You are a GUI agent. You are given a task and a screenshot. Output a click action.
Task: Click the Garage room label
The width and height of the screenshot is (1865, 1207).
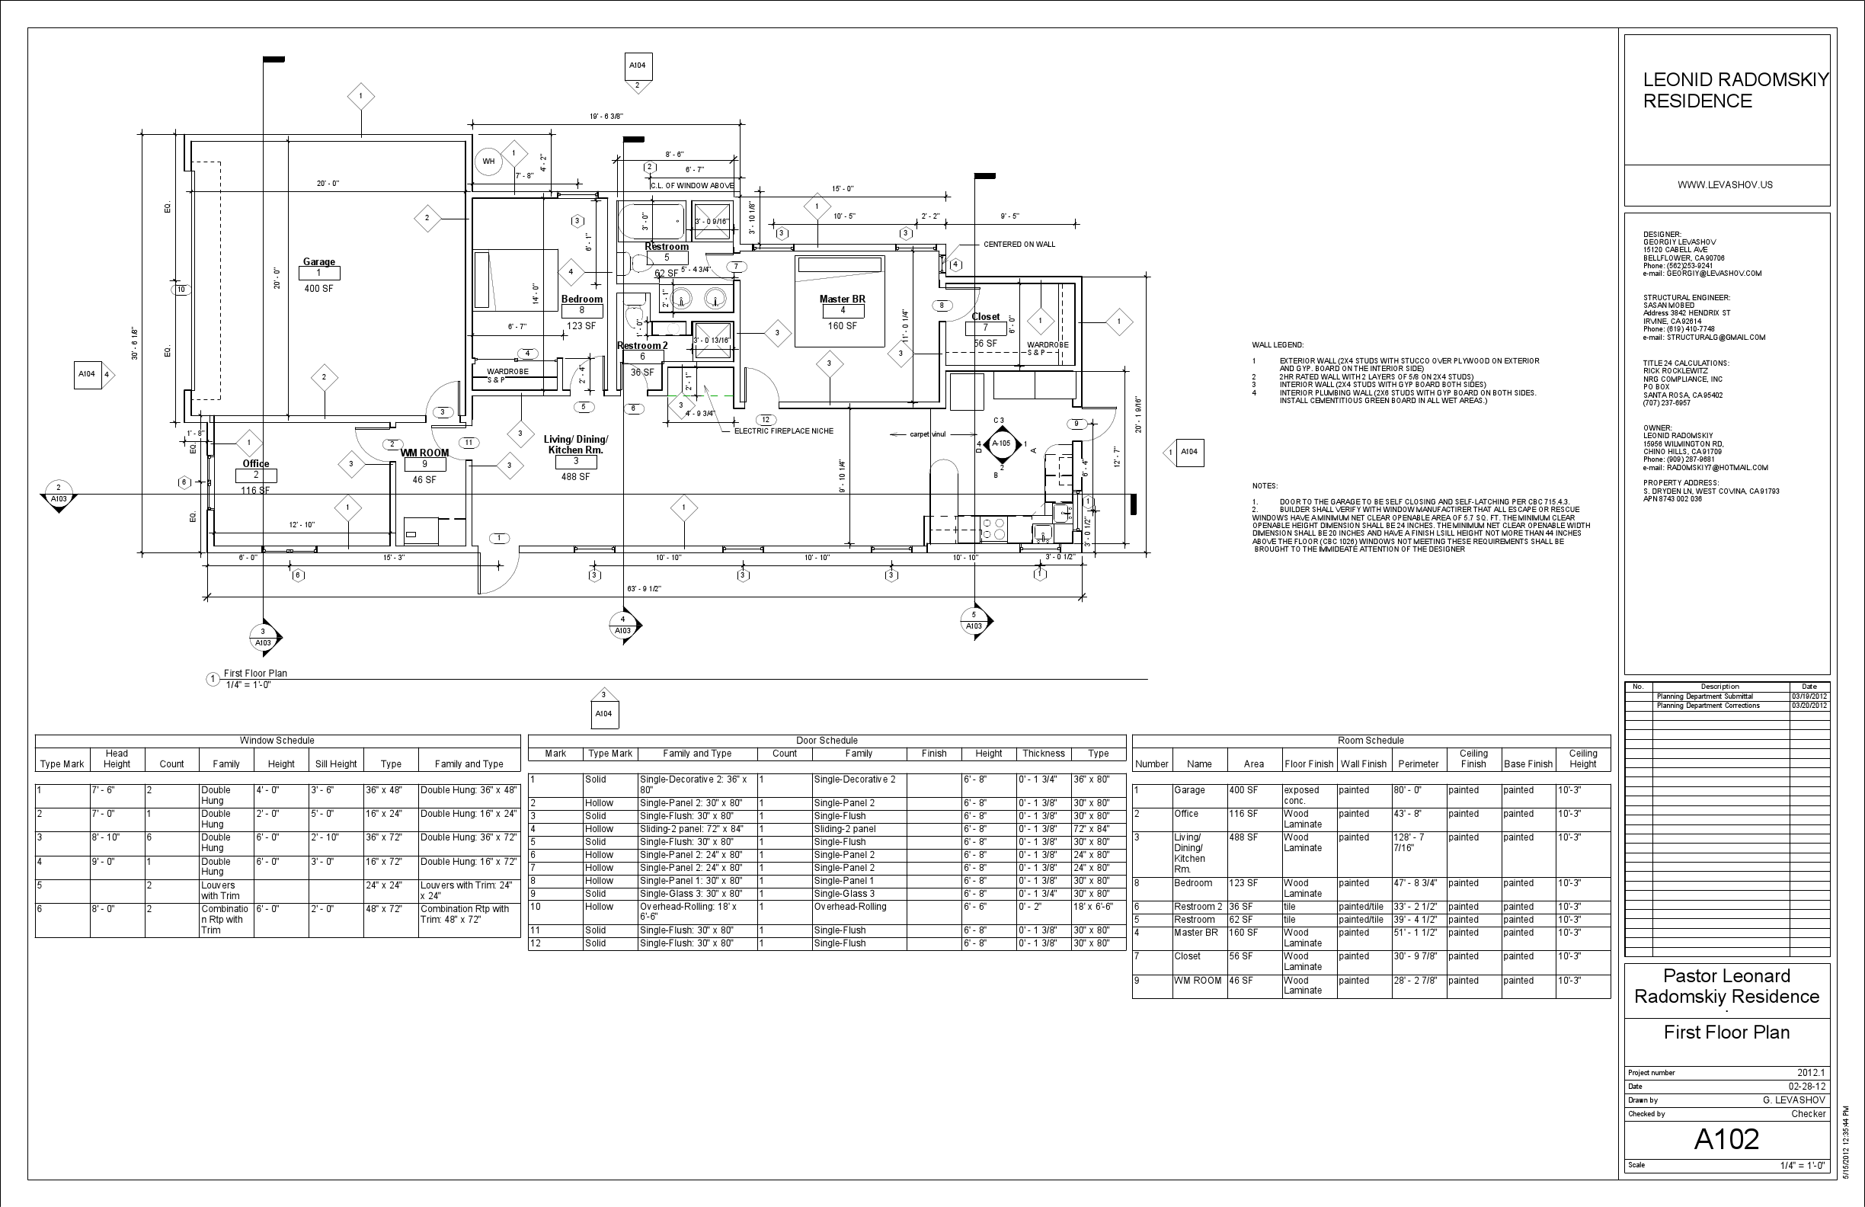(x=319, y=262)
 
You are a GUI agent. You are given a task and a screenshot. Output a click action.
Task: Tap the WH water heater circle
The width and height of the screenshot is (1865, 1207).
(x=488, y=162)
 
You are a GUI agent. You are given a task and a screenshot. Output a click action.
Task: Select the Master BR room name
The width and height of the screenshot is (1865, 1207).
(x=843, y=299)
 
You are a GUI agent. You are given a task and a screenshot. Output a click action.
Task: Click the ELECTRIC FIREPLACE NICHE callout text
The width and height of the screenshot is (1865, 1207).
(x=784, y=431)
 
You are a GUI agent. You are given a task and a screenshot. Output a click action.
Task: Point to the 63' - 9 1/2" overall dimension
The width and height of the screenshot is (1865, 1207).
(x=644, y=588)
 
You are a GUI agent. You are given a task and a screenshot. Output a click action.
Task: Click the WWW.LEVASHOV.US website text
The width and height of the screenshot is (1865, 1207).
(x=1725, y=185)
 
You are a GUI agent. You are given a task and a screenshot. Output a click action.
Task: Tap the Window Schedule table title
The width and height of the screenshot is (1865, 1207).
(x=277, y=741)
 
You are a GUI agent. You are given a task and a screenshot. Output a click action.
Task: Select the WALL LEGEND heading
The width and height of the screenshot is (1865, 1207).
(x=1278, y=345)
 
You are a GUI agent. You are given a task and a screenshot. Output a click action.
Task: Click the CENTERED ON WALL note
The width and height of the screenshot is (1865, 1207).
(x=1019, y=245)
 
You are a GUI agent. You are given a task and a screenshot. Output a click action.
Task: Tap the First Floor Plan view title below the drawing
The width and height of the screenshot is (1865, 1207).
(x=255, y=674)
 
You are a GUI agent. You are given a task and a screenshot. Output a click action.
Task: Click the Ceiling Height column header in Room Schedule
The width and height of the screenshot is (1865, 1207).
(x=1582, y=759)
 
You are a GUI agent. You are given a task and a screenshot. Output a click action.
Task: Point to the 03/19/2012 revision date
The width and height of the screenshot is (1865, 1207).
(x=1809, y=696)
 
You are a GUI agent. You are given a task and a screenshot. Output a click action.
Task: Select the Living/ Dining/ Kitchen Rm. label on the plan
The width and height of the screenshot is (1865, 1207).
(x=576, y=444)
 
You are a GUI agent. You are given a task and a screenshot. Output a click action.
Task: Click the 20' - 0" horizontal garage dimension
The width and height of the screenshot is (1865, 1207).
(x=328, y=184)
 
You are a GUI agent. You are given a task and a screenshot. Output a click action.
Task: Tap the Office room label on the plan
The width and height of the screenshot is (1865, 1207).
(x=255, y=463)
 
